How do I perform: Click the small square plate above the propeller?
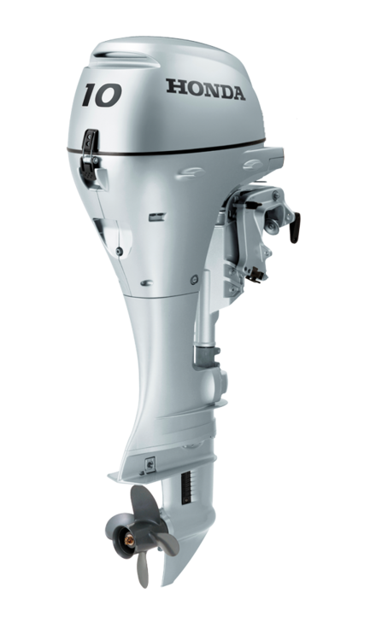(x=150, y=465)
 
